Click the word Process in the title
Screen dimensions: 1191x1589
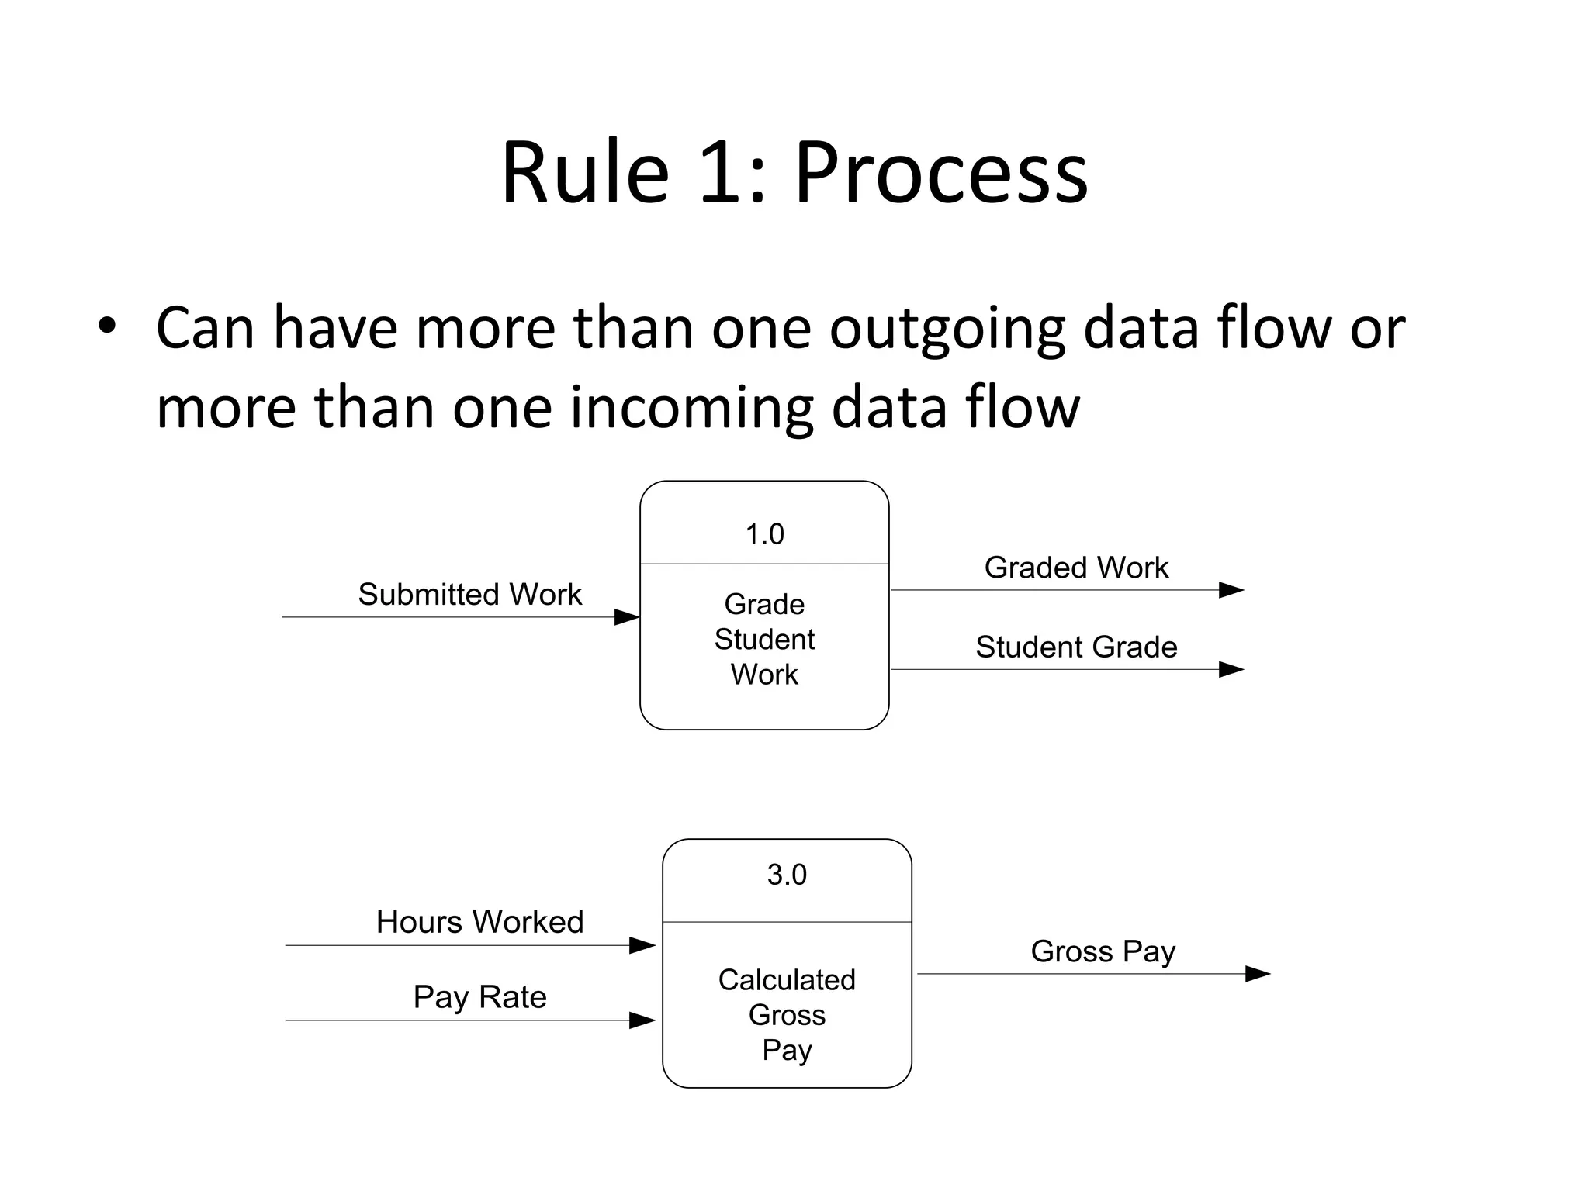pyautogui.click(x=940, y=174)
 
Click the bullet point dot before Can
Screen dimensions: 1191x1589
pyautogui.click(x=107, y=326)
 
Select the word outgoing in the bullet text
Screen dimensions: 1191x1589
pyautogui.click(x=947, y=330)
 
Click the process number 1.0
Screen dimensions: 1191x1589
pyautogui.click(x=764, y=534)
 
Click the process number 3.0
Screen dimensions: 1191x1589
pyautogui.click(x=787, y=875)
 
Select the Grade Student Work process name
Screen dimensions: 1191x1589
pyautogui.click(x=764, y=639)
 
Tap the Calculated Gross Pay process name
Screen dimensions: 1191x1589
pyautogui.click(x=787, y=1014)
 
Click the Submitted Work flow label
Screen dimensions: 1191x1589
pyautogui.click(x=469, y=595)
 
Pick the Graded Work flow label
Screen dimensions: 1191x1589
pyautogui.click(x=1076, y=568)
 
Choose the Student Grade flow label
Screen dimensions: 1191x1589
pyautogui.click(x=1076, y=647)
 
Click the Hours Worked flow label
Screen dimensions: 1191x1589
pyautogui.click(x=479, y=922)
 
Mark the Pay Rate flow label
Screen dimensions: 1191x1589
pyautogui.click(x=479, y=997)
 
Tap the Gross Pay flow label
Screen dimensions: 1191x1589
pyautogui.click(x=1103, y=951)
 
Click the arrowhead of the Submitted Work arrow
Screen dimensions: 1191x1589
pyautogui.click(x=627, y=617)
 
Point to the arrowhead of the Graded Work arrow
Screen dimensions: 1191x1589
pyautogui.click(x=1231, y=590)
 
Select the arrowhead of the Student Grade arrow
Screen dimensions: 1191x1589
pyautogui.click(x=1231, y=669)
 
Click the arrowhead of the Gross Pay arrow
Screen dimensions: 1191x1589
pyautogui.click(x=1257, y=974)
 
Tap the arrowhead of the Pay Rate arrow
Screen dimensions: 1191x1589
pyautogui.click(x=642, y=1020)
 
